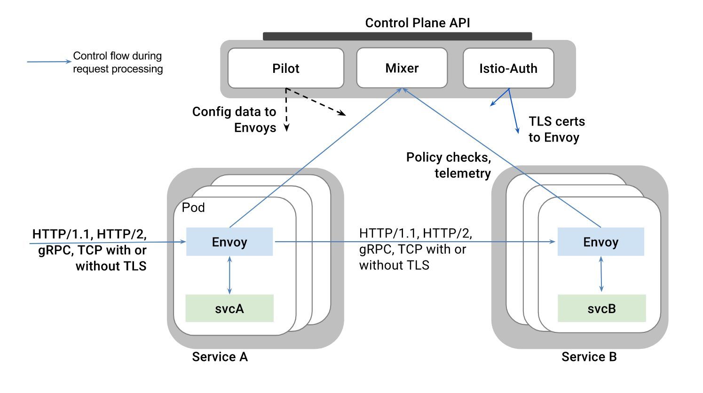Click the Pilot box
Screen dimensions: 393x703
285,68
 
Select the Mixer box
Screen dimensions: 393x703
402,68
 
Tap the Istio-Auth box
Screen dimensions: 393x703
508,68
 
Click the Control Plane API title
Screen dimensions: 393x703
417,23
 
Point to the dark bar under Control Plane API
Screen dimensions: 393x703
397,36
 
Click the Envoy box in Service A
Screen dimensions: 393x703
229,242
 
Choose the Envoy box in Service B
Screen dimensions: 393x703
600,242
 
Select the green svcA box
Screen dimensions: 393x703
229,308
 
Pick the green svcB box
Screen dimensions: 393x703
601,308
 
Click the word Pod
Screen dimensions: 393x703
193,207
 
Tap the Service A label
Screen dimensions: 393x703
220,357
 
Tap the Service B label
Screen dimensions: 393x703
589,357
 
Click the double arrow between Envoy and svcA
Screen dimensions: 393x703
229,275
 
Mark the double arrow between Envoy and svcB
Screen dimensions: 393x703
601,275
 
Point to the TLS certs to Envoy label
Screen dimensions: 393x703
556,129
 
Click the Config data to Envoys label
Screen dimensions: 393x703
234,119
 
